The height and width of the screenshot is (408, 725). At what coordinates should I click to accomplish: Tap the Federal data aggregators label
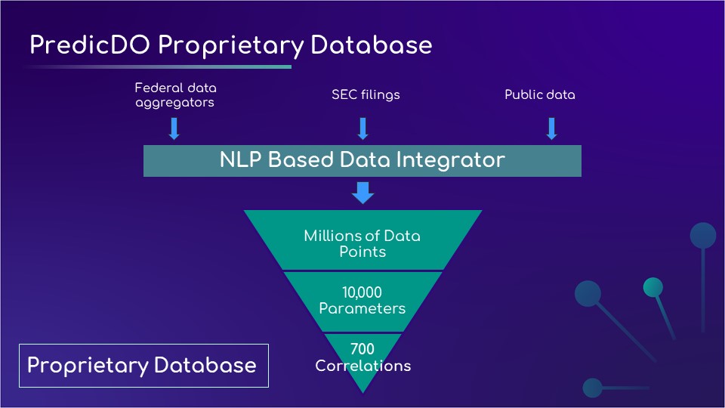point(175,94)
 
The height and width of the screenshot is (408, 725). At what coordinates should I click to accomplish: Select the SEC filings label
point(366,94)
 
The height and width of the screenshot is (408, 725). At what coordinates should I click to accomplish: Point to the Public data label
point(539,94)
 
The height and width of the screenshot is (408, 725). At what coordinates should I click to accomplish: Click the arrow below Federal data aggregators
point(174,128)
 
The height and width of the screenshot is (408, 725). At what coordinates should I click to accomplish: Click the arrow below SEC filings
point(362,128)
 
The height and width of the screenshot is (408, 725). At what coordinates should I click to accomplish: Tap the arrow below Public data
point(551,128)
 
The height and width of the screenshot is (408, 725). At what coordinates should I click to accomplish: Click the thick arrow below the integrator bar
point(362,193)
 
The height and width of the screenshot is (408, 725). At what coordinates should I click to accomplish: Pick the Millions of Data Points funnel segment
point(362,243)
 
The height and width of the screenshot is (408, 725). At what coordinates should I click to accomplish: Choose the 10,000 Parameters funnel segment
point(362,301)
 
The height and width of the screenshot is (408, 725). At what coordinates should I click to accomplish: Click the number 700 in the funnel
point(362,349)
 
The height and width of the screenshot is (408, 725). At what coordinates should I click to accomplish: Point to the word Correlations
point(362,366)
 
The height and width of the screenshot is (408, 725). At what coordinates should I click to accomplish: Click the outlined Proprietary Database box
point(143,366)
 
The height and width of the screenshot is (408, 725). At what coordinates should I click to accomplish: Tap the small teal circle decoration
point(652,287)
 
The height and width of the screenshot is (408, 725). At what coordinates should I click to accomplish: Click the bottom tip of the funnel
point(363,388)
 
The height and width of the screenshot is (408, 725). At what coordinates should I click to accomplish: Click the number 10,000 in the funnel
point(362,292)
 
